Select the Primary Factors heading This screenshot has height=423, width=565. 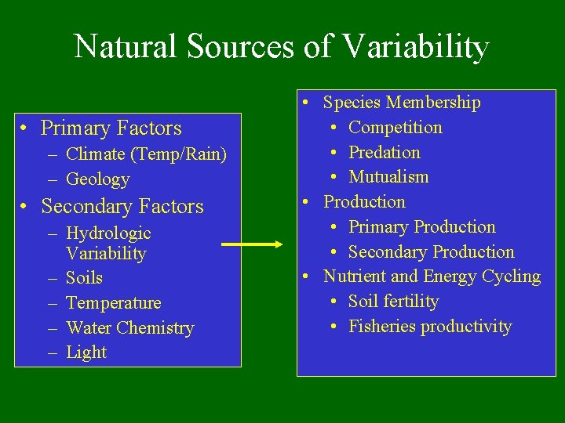(x=111, y=128)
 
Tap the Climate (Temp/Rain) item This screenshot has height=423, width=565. (x=146, y=155)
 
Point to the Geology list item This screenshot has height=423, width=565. (x=98, y=179)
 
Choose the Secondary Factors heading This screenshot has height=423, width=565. (x=122, y=206)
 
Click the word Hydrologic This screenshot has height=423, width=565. (x=108, y=233)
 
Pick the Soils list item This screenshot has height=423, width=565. (x=84, y=278)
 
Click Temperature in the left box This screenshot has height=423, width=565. (x=113, y=303)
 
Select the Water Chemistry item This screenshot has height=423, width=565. (x=129, y=327)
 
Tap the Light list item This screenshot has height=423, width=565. (x=86, y=352)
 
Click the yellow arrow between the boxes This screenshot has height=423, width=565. (x=252, y=244)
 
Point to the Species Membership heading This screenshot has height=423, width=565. (x=402, y=103)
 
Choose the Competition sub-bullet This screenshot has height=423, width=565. (x=395, y=127)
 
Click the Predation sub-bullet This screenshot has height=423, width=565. (x=384, y=152)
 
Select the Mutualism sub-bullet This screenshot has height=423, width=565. (x=388, y=177)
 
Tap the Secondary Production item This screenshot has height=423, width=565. (x=431, y=252)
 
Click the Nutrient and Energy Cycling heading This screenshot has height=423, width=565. (x=432, y=277)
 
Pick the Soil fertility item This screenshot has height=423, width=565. (x=393, y=302)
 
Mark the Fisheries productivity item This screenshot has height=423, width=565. (x=429, y=327)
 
